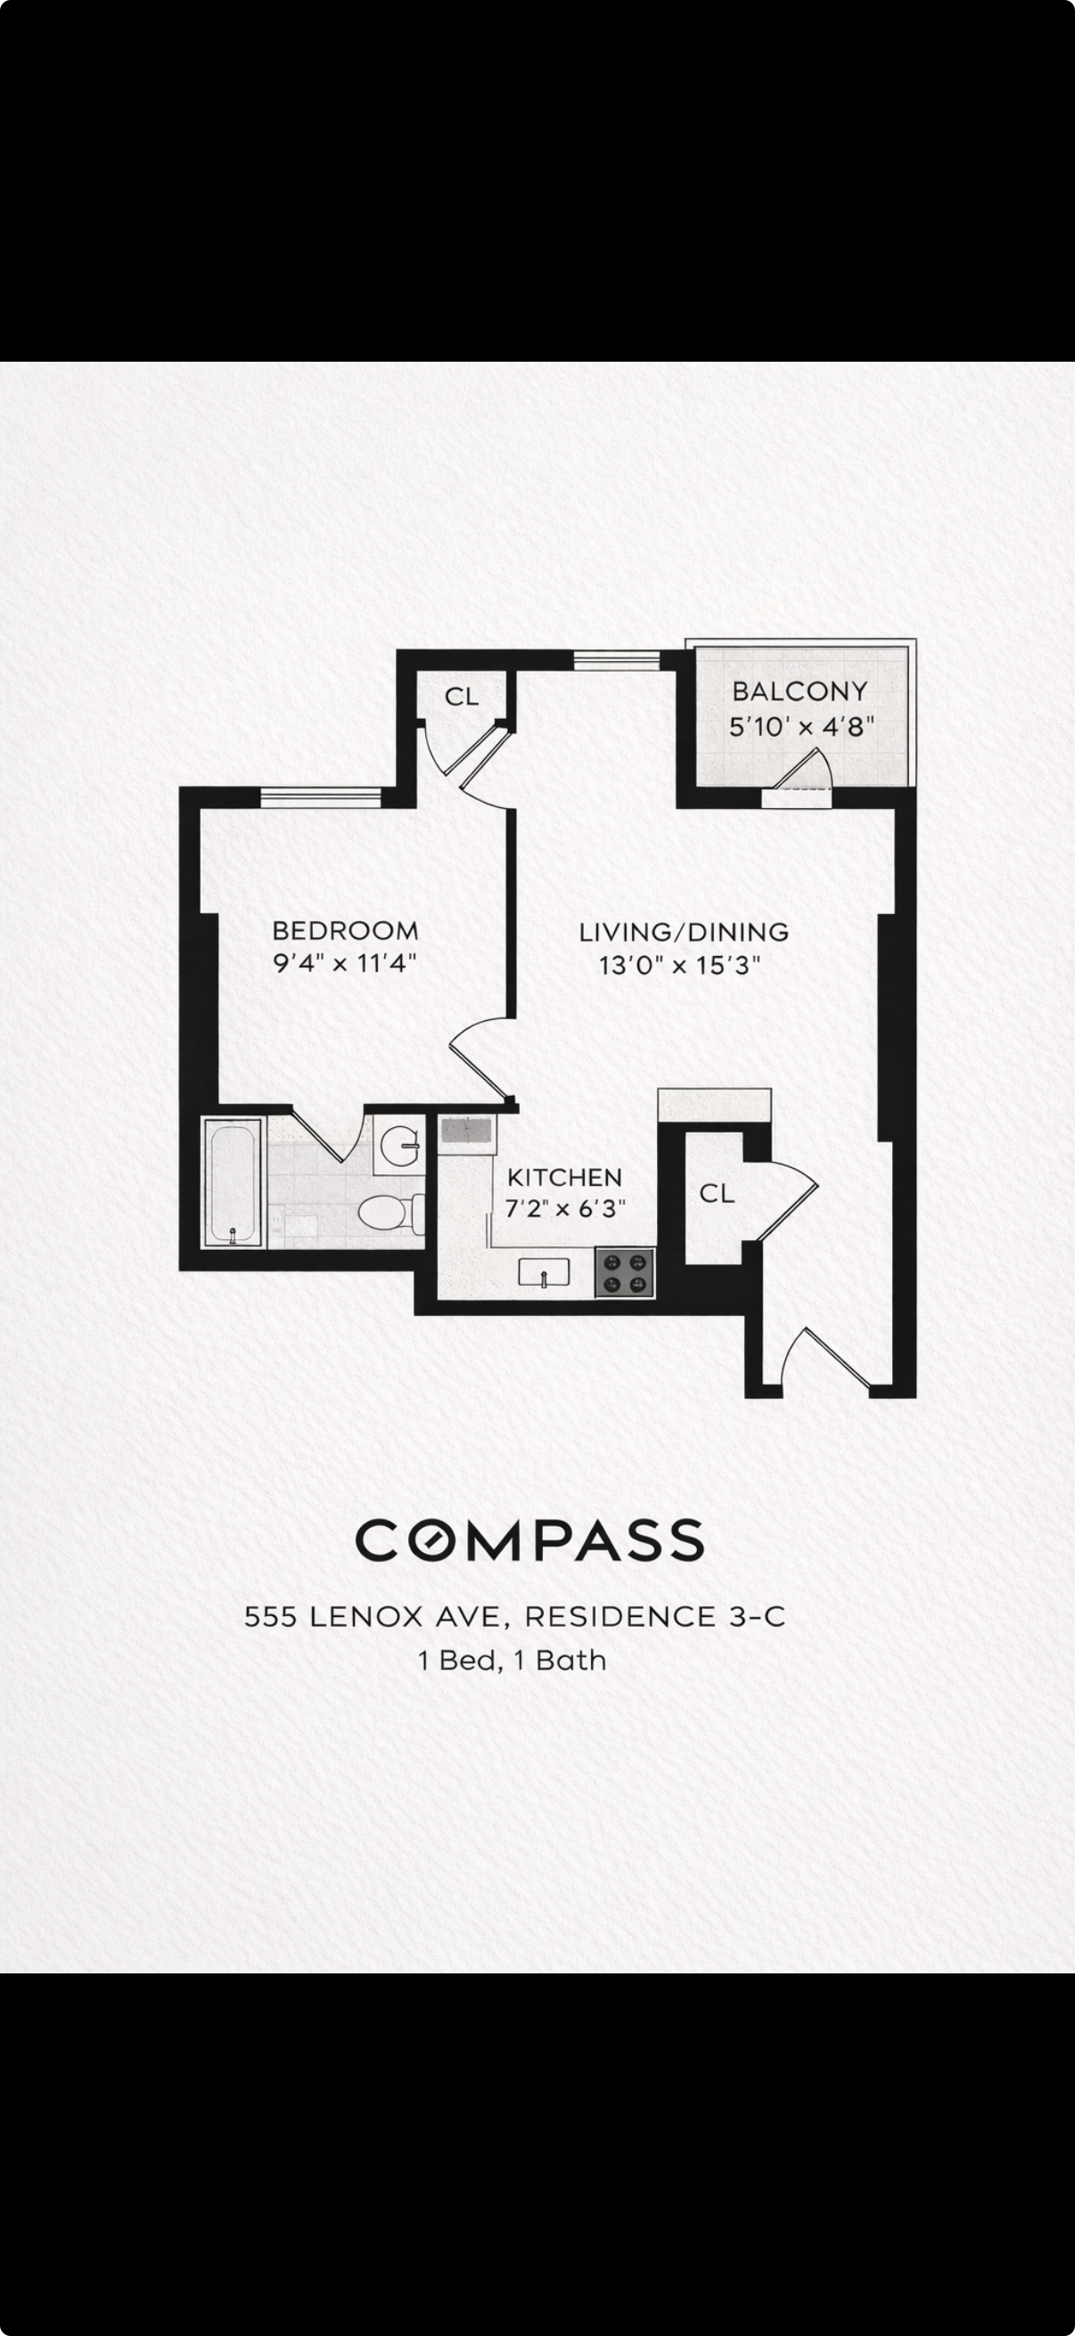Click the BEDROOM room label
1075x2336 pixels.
345,930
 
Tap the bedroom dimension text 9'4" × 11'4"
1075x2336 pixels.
345,962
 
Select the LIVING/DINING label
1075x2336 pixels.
684,932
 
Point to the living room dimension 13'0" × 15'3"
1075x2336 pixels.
679,965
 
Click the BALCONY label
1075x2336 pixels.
800,692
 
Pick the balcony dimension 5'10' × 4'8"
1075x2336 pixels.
802,726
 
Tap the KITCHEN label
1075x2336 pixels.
564,1177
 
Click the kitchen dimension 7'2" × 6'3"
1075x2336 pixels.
566,1209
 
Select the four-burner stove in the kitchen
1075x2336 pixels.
625,1272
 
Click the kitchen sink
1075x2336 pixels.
544,1273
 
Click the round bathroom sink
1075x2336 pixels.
399,1147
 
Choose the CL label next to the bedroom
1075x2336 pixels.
461,697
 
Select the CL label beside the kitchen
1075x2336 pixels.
717,1194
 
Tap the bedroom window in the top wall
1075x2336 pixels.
321,797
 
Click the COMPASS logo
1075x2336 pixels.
529,1539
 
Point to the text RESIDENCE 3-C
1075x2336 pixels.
655,1616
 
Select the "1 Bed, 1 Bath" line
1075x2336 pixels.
513,1661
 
